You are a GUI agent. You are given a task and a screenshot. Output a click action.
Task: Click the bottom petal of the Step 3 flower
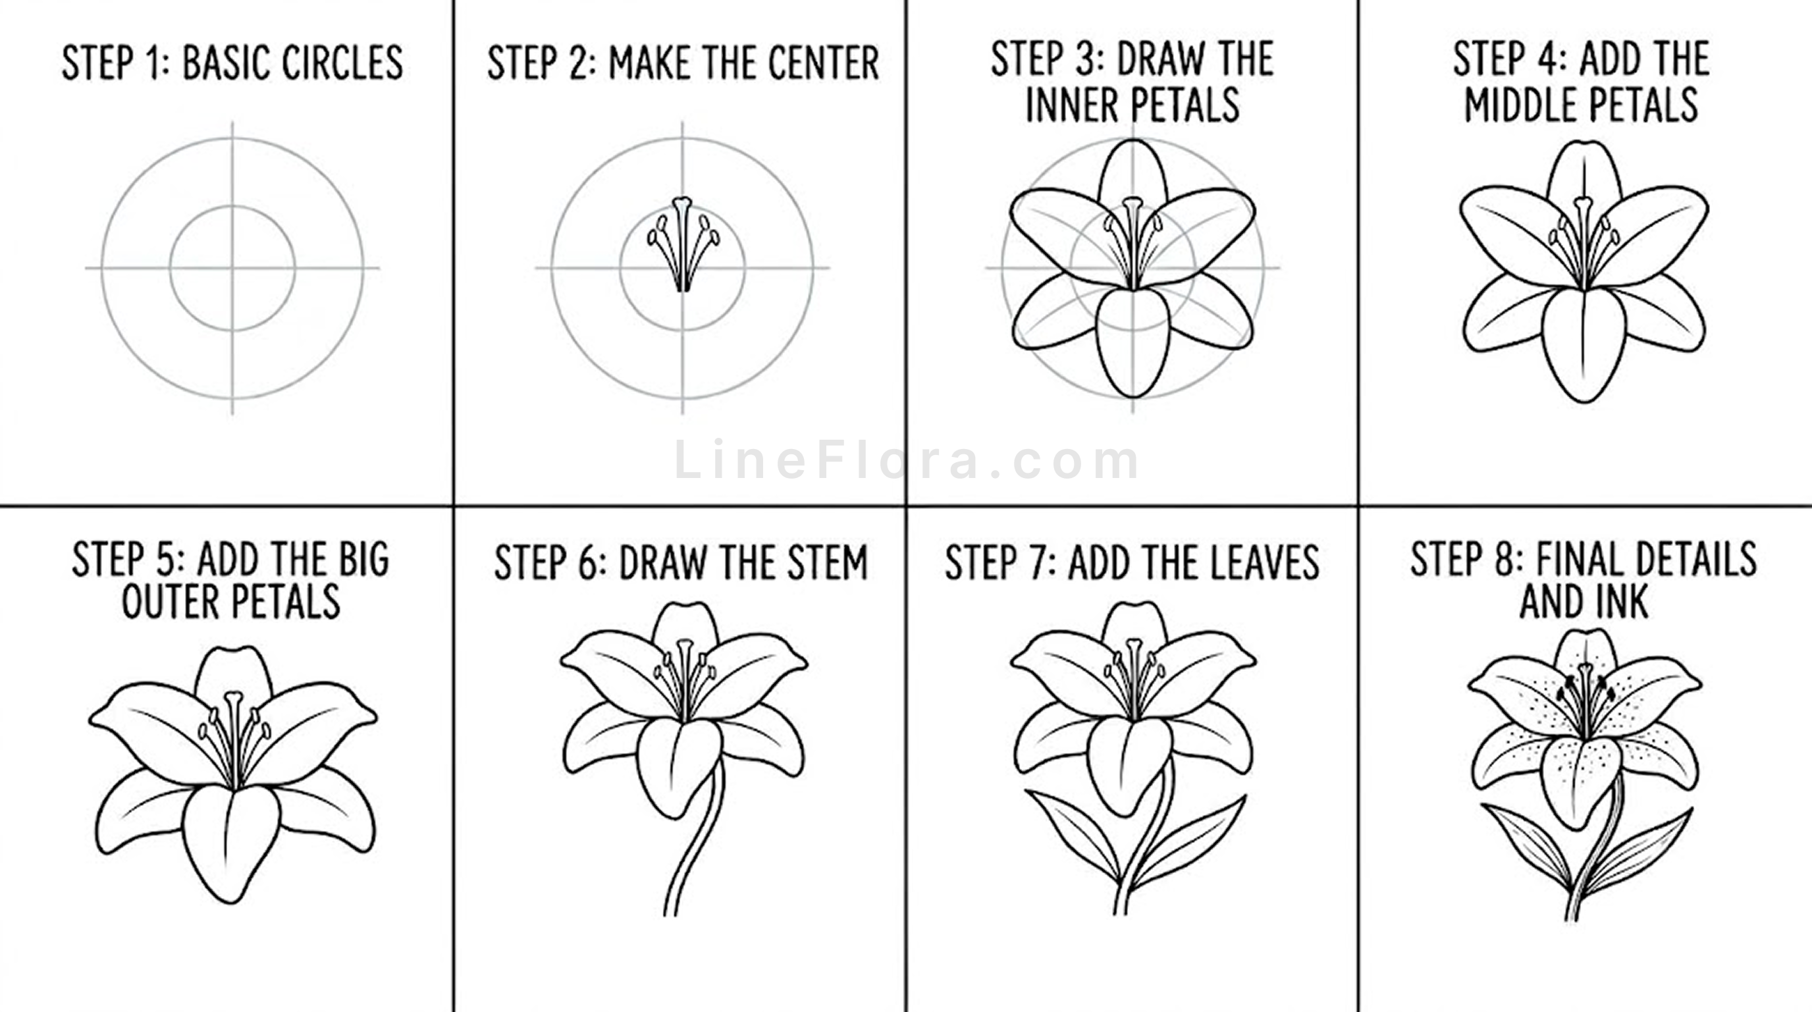tap(1132, 342)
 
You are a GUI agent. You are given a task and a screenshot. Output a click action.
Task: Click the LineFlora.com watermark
tap(906, 461)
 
